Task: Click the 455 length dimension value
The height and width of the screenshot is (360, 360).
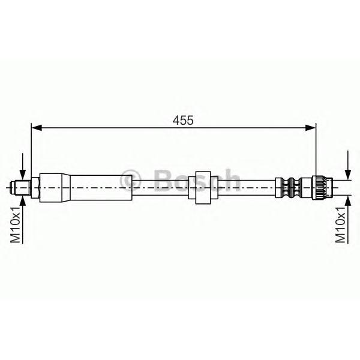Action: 183,120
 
